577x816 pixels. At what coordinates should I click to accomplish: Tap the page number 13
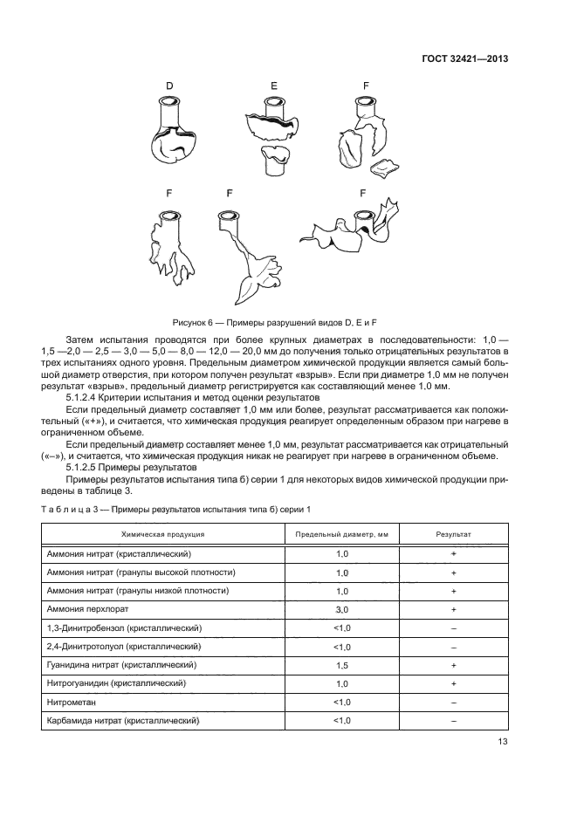[x=502, y=742]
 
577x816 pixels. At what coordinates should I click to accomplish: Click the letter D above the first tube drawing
[x=169, y=85]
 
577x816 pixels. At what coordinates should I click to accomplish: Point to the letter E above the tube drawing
[x=274, y=86]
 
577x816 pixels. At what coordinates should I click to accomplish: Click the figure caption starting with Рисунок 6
[x=288, y=324]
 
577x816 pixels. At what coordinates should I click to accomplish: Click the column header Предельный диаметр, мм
[x=342, y=533]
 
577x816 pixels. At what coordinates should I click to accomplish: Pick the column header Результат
[x=454, y=533]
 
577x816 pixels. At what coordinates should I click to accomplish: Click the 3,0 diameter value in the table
[x=342, y=610]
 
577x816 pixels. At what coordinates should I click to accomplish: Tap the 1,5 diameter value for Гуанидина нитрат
[x=342, y=665]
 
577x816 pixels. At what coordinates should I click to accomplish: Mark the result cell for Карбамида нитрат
[x=454, y=721]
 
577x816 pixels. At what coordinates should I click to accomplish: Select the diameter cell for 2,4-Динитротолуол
[x=342, y=647]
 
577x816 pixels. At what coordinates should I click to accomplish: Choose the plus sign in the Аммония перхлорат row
[x=454, y=610]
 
